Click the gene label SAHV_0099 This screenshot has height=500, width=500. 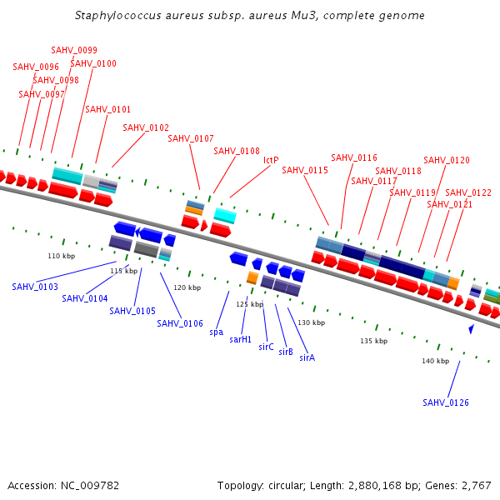coord(74,50)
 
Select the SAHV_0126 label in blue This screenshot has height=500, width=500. coord(446,402)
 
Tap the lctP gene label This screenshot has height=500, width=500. coord(271,160)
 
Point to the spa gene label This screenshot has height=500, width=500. coord(217,331)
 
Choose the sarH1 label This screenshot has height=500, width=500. coord(241,339)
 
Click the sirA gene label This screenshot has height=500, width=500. coord(307,357)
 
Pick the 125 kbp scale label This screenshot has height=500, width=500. coord(249,304)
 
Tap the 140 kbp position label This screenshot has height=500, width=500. coord(435,361)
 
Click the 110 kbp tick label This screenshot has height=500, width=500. coord(61,256)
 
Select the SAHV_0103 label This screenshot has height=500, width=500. coord(35,287)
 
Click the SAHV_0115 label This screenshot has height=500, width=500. coord(305,170)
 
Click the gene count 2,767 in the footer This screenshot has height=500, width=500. coord(475,485)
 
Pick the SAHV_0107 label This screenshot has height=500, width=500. coord(191,138)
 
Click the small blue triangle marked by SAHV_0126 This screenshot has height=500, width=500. coord(471,330)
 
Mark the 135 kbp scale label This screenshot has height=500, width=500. coord(373,341)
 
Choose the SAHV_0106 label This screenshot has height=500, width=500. coord(180,323)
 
